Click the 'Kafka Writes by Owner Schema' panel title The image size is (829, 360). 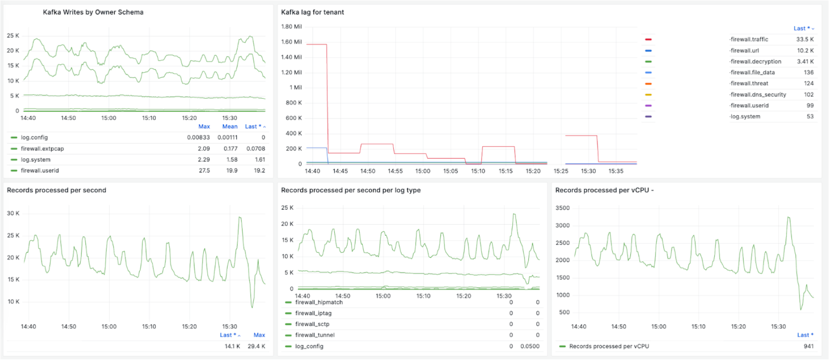(93, 12)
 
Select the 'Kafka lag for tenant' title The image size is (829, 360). (313, 12)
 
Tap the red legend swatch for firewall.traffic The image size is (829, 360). (648, 40)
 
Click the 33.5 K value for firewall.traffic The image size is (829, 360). (805, 40)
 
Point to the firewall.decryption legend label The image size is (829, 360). (756, 62)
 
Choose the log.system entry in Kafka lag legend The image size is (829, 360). (745, 117)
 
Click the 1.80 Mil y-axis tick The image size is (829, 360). (291, 27)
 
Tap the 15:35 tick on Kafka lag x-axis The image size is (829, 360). (616, 171)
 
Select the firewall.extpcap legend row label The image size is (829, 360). (42, 149)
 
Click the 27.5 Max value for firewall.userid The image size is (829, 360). (204, 171)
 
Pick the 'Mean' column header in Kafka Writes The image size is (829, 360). (230, 127)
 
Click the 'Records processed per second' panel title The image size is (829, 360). (57, 190)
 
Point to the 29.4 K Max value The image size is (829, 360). (256, 346)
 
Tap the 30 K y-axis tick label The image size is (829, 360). (13, 213)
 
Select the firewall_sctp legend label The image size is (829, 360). (312, 325)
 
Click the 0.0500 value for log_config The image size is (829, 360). (530, 346)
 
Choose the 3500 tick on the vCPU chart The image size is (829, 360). (563, 208)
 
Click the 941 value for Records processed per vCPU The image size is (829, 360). (808, 346)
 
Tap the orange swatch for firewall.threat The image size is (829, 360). (648, 84)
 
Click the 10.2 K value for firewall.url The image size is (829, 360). (805, 51)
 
